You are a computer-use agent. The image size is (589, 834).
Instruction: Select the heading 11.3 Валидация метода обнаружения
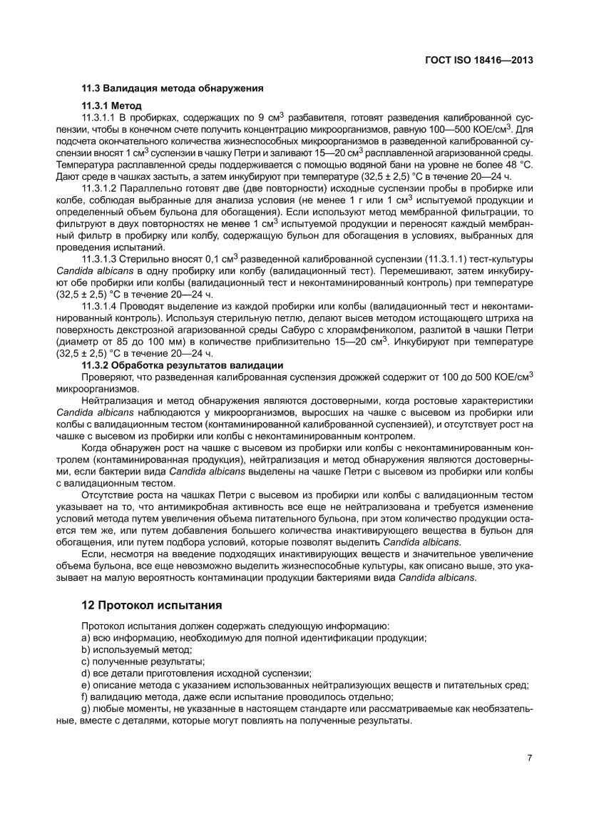[173, 89]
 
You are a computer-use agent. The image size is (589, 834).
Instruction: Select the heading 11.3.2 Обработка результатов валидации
[183, 365]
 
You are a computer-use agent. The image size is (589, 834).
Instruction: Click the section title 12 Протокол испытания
[152, 606]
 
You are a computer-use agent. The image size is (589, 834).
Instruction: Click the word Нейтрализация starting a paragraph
[117, 402]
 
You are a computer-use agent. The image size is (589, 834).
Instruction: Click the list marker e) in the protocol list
[87, 685]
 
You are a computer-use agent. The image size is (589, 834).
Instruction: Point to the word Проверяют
[108, 377]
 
